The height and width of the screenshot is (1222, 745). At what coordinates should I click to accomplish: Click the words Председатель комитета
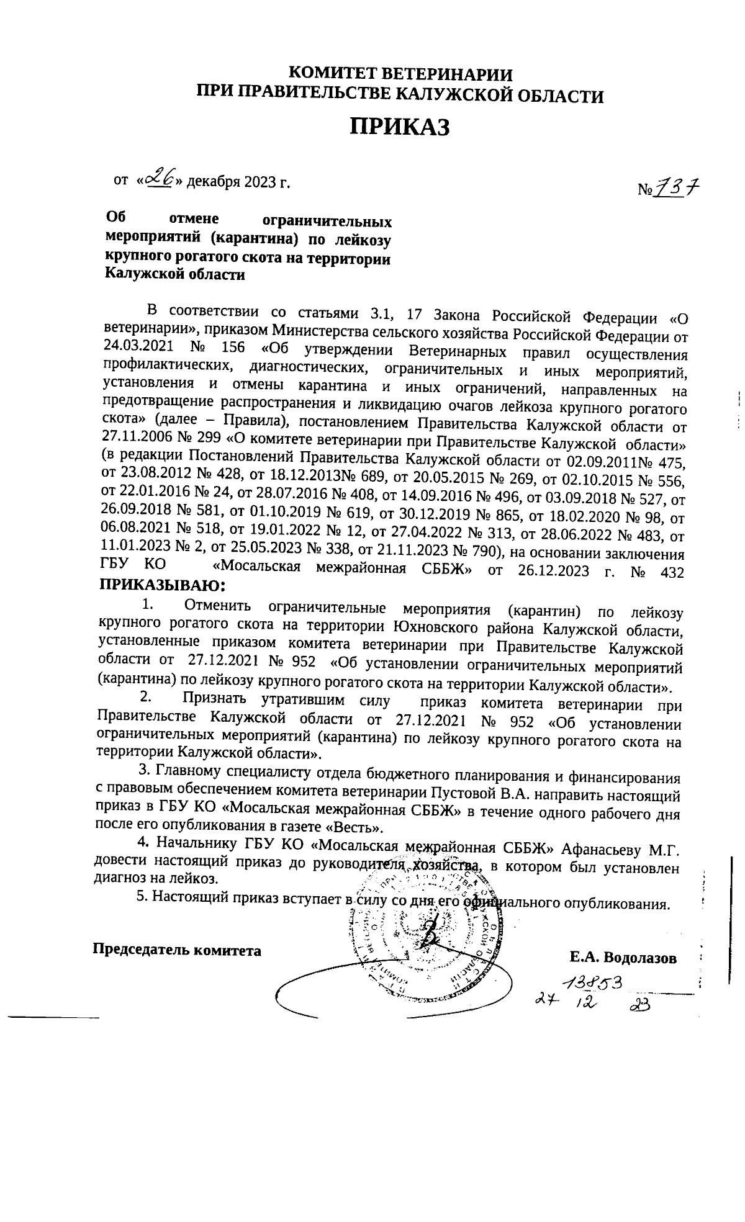(177, 950)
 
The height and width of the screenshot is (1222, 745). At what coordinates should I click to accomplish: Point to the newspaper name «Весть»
(356, 828)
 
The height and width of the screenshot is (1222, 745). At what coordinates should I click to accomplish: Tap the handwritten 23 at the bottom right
(639, 1006)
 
